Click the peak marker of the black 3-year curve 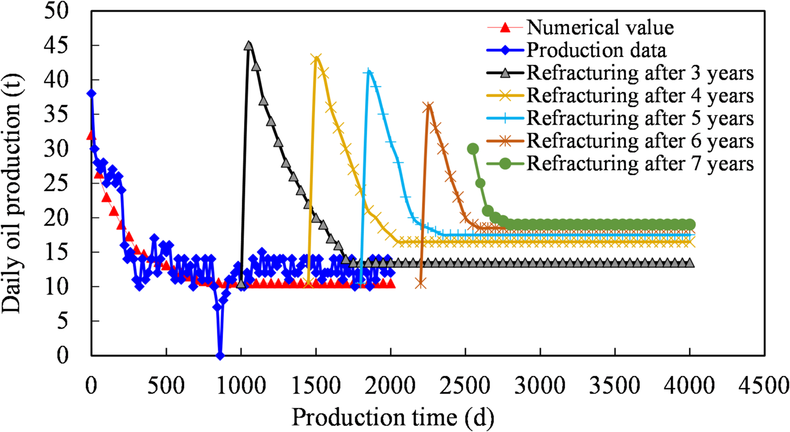248,46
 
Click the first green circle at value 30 473,149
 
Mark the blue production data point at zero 220,355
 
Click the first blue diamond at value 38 91,94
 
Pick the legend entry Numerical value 600,28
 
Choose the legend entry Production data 596,50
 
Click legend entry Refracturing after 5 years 640,118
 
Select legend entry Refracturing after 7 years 640,163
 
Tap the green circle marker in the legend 505,164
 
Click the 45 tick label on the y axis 56,45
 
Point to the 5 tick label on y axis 62,321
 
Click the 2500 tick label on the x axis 465,386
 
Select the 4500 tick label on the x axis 764,386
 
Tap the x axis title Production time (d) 393,418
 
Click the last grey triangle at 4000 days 689,263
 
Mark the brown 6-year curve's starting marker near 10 420,284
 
